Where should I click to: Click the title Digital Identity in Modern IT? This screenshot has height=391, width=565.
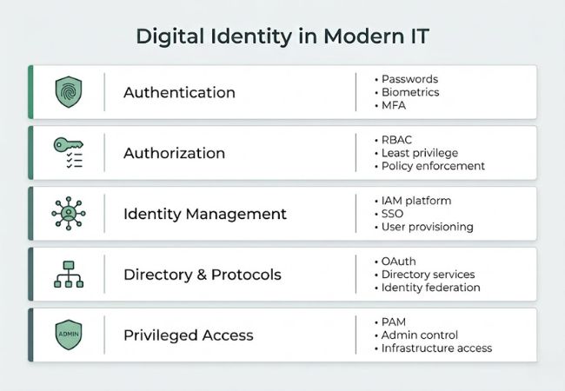pyautogui.click(x=282, y=36)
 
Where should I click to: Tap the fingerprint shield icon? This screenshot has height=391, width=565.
pyautogui.click(x=69, y=92)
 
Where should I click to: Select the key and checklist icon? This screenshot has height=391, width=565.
pyautogui.click(x=68, y=152)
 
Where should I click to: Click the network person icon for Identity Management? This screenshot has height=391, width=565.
pyautogui.click(x=69, y=214)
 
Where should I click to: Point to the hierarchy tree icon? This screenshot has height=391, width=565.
pyautogui.click(x=69, y=275)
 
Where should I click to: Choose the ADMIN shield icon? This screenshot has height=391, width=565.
pyautogui.click(x=69, y=335)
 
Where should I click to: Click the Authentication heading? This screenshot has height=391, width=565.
pyautogui.click(x=179, y=92)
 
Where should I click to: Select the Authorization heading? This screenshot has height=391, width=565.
pyautogui.click(x=174, y=153)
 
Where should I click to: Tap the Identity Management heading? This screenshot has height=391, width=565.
pyautogui.click(x=204, y=214)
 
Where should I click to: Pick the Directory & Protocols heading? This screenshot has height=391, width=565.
pyautogui.click(x=202, y=275)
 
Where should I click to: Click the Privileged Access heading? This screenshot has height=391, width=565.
pyautogui.click(x=188, y=335)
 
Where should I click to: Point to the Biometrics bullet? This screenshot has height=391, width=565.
pyautogui.click(x=410, y=92)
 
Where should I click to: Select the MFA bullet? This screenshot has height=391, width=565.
pyautogui.click(x=394, y=105)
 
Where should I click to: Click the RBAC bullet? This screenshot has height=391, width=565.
pyautogui.click(x=396, y=140)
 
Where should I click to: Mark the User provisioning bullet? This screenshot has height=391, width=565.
pyautogui.click(x=427, y=227)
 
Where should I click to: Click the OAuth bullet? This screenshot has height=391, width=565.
pyautogui.click(x=399, y=262)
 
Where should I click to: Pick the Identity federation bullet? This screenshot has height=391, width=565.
pyautogui.click(x=430, y=288)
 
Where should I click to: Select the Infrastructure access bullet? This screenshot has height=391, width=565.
pyautogui.click(x=436, y=348)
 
